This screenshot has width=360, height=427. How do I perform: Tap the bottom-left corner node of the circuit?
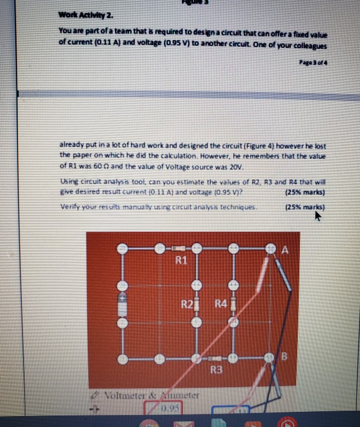[122, 360]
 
